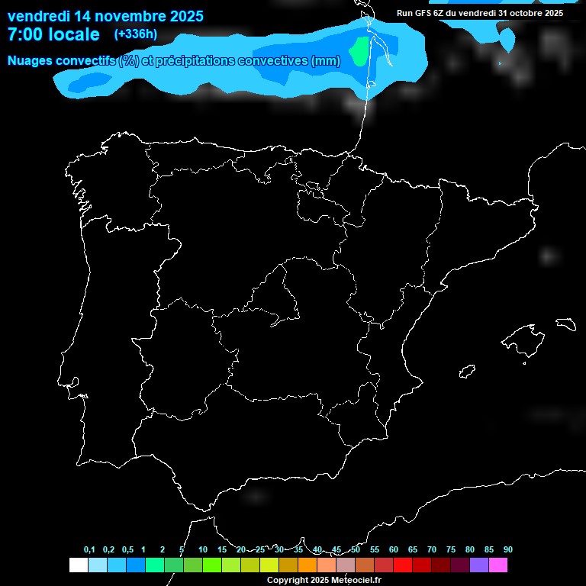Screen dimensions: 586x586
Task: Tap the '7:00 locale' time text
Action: (x=53, y=34)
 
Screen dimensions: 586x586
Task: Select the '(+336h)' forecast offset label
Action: (x=136, y=34)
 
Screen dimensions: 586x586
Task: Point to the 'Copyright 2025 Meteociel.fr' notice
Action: (x=324, y=580)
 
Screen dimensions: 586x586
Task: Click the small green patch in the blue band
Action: (x=358, y=51)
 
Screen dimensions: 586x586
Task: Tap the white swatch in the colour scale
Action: (x=78, y=565)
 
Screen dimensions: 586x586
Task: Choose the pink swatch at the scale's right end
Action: (x=498, y=565)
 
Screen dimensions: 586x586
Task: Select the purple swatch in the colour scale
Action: (x=479, y=565)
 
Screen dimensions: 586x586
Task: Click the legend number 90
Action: (x=508, y=550)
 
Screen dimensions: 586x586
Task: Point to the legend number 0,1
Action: (x=89, y=550)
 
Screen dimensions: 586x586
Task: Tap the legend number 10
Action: (x=202, y=550)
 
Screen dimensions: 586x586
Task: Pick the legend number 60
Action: (x=394, y=550)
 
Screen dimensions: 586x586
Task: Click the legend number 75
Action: (x=451, y=550)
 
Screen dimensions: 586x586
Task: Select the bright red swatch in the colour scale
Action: (x=403, y=565)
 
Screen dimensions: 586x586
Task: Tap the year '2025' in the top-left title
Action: (x=182, y=15)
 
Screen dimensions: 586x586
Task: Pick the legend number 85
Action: (x=489, y=550)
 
